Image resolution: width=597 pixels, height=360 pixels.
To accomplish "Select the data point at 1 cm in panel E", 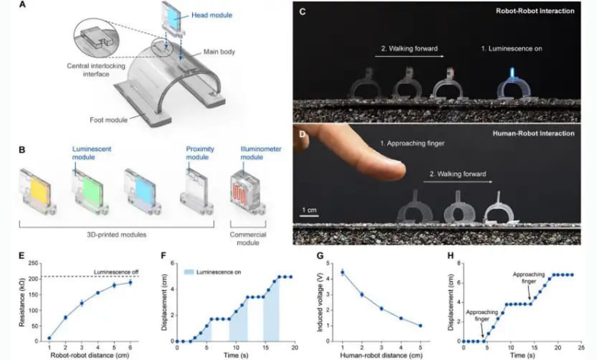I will coord(50,338).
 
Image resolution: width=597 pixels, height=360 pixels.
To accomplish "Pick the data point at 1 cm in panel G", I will coord(342,272).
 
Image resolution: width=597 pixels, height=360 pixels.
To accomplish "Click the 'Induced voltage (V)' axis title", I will coord(316,301).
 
